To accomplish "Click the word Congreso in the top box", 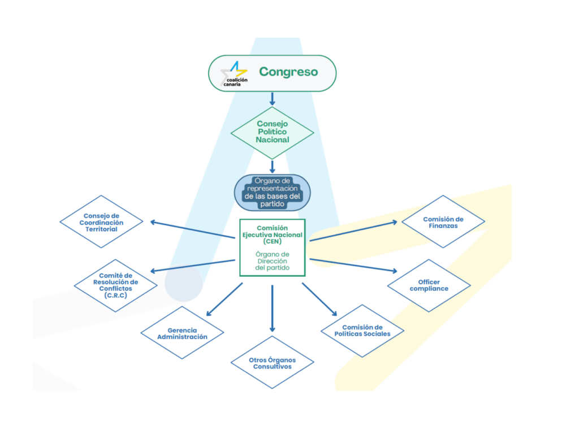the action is click(x=288, y=72).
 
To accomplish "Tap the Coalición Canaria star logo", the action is click(x=234, y=74).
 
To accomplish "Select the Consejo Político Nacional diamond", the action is click(x=273, y=133).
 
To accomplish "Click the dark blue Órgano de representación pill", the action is click(x=273, y=192).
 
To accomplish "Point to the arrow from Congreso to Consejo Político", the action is click(x=273, y=99).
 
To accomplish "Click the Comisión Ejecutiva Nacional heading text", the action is click(x=273, y=232).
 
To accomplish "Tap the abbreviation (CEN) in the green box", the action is click(x=273, y=241).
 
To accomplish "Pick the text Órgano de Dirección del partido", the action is click(x=273, y=261).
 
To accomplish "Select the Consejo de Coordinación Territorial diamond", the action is click(x=101, y=221).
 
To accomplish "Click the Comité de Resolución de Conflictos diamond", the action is click(x=115, y=286).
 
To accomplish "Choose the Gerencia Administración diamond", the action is click(x=183, y=333).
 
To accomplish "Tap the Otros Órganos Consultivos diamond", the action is click(x=273, y=362).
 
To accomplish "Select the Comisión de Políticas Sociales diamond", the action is click(x=362, y=331).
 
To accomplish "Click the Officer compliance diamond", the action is click(x=429, y=286).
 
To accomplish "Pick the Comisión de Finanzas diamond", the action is click(x=443, y=221).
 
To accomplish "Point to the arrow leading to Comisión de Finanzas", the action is click(x=353, y=231).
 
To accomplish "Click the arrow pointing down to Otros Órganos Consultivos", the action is click(x=273, y=308).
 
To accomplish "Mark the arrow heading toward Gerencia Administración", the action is click(x=224, y=299).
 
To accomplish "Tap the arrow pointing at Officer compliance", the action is click(x=353, y=265).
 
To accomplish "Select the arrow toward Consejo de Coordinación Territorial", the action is click(x=192, y=229).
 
